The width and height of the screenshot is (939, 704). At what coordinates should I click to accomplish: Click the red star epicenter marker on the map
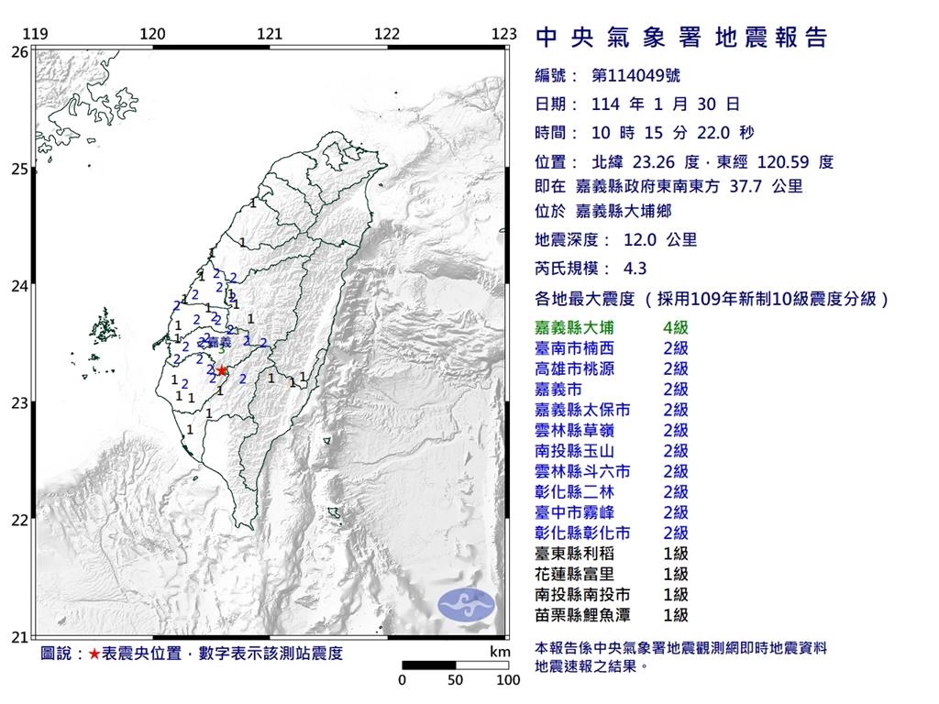point(221,370)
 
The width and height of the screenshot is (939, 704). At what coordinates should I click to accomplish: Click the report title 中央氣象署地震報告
point(681,38)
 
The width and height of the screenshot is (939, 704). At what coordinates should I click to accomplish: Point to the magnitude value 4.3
point(635,269)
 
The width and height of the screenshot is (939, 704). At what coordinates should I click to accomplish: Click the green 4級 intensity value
point(676,327)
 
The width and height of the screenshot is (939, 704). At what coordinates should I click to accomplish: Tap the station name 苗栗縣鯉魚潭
point(581,615)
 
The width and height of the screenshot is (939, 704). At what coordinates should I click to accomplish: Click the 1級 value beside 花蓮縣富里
point(676,574)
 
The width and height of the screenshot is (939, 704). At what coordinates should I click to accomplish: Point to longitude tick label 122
point(387,35)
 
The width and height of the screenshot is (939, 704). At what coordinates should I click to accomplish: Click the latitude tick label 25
point(19,170)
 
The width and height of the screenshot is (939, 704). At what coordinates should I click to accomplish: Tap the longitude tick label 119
point(35,35)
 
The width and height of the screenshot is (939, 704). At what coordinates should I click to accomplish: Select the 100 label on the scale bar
point(508,681)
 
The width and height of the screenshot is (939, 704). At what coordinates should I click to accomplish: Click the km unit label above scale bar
point(500,652)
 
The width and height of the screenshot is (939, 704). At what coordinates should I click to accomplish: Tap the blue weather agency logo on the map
point(466,602)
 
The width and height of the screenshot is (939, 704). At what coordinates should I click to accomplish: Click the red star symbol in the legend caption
point(94,654)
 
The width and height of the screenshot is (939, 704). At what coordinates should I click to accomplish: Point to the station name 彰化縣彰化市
point(581,533)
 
